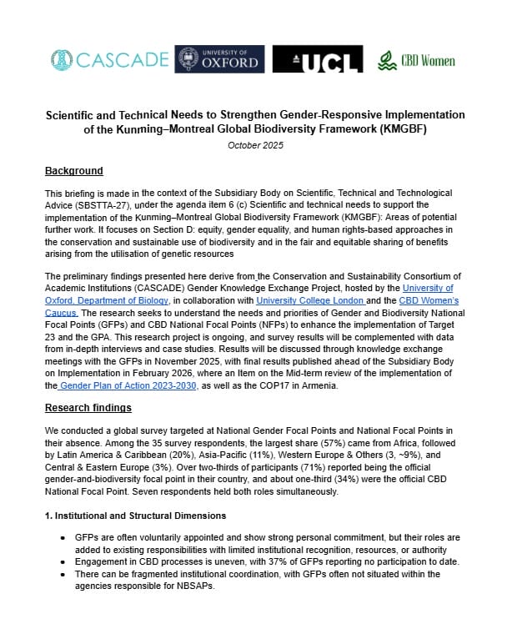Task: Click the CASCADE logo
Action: point(108,60)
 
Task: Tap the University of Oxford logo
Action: point(219,59)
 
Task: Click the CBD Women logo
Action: point(416,60)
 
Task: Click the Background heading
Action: point(73,171)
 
